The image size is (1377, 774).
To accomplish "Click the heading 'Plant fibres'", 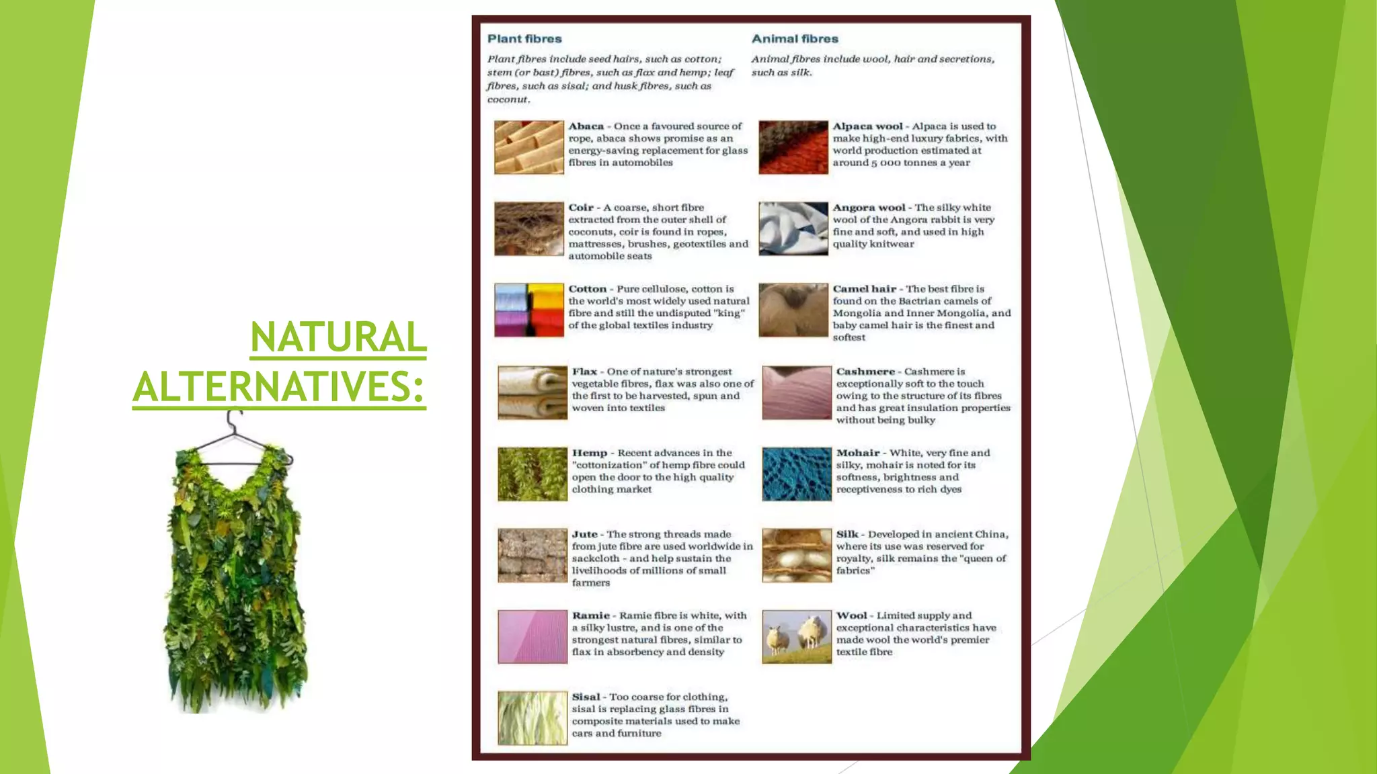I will point(524,39).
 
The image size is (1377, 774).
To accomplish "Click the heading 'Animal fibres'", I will point(795,39).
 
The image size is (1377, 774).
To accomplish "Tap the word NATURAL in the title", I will point(338,337).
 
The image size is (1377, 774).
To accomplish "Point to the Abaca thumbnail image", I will point(529,147).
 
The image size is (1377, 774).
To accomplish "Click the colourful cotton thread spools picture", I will point(529,310).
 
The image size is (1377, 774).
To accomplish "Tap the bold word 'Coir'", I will point(581,208).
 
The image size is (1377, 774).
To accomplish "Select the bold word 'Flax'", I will point(584,372).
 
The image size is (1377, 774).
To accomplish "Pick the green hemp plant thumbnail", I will point(533,474).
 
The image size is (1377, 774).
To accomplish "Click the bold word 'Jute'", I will point(584,534).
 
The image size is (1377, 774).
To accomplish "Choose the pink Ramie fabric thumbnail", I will point(533,636).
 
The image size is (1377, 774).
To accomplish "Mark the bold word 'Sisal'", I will point(586,697).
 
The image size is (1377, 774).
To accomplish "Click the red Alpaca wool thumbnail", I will point(793,147).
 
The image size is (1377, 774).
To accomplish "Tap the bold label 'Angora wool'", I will point(869,208).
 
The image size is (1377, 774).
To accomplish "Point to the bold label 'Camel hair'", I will point(864,289).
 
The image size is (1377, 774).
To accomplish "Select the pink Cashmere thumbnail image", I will point(797,392).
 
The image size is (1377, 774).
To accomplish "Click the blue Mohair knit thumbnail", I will point(797,474).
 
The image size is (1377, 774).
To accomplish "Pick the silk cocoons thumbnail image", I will point(797,555).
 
